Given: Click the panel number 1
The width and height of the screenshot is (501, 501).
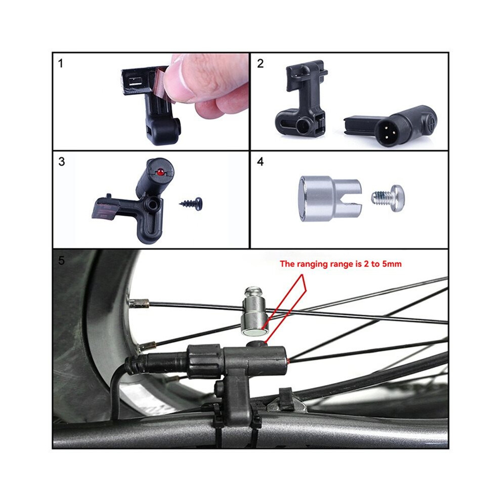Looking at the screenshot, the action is pyautogui.click(x=61, y=64).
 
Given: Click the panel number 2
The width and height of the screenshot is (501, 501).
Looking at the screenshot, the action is pyautogui.click(x=261, y=64).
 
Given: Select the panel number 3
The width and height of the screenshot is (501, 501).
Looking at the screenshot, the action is pyautogui.click(x=62, y=161).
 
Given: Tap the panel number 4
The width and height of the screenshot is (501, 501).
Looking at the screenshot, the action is pyautogui.click(x=261, y=161).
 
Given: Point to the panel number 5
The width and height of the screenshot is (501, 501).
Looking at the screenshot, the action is pyautogui.click(x=61, y=261).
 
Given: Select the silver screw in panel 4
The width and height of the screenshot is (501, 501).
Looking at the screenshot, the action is pyautogui.click(x=388, y=198).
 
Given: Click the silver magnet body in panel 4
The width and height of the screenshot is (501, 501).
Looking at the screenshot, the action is pyautogui.click(x=329, y=199).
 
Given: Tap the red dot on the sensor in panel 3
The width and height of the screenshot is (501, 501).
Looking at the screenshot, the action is pyautogui.click(x=160, y=172).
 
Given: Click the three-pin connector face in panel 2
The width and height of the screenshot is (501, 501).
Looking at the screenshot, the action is pyautogui.click(x=387, y=131).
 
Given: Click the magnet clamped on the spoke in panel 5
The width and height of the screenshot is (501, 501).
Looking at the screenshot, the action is pyautogui.click(x=255, y=312).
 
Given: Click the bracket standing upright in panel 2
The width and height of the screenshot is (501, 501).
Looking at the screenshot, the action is pyautogui.click(x=302, y=99).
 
